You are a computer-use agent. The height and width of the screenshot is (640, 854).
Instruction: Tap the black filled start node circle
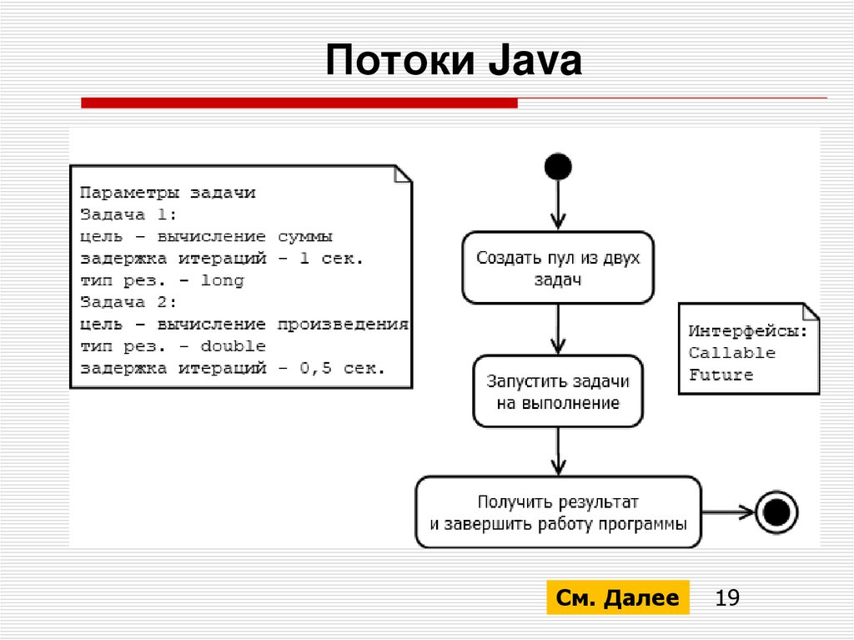tap(558, 167)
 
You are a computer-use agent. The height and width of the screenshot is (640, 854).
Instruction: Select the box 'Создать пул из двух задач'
tap(558, 268)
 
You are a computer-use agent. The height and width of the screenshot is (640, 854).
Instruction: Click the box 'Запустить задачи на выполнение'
tap(558, 391)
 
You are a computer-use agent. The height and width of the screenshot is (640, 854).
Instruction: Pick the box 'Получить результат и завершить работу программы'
tap(558, 512)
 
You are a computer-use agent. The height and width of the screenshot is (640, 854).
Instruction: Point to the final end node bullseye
tap(776, 512)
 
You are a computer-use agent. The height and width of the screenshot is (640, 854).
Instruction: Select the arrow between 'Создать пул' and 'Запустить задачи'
tap(558, 329)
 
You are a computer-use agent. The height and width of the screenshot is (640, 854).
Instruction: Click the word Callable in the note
tap(731, 353)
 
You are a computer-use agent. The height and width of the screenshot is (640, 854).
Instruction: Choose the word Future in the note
tap(721, 375)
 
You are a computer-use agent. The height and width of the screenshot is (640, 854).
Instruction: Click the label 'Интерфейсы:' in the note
tap(747, 331)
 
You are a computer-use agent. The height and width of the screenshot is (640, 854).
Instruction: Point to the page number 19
tap(727, 598)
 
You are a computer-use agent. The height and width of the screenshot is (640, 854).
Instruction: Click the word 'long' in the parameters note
tap(222, 280)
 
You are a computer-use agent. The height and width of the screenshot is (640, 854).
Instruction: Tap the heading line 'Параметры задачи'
tap(168, 193)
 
